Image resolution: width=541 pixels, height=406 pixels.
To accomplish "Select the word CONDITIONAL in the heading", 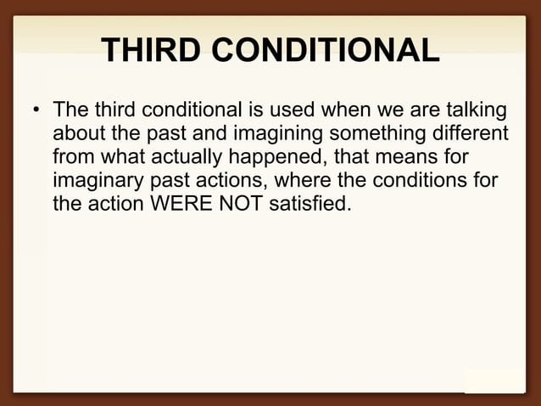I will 326,51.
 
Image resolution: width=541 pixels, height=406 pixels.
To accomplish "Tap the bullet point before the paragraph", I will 35,113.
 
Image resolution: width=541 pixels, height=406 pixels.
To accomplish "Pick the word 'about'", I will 78,134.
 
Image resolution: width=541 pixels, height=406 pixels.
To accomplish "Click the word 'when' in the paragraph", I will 342,111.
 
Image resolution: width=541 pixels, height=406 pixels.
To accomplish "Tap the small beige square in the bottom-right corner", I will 494,381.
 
